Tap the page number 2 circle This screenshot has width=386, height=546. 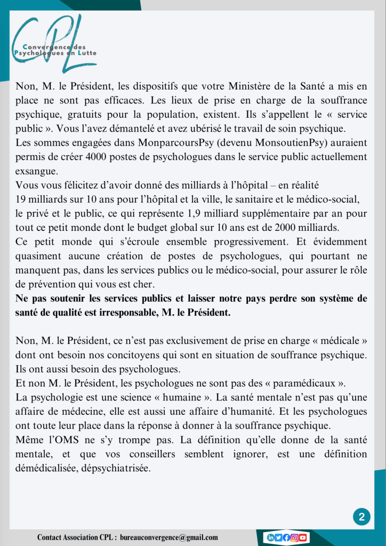tap(361, 517)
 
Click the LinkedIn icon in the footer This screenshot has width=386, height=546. tap(271, 537)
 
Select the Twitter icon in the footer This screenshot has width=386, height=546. tap(278, 537)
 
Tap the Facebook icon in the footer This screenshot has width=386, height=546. tap(286, 537)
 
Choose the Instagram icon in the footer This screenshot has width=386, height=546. tap(294, 537)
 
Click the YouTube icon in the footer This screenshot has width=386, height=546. tap(302, 537)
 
